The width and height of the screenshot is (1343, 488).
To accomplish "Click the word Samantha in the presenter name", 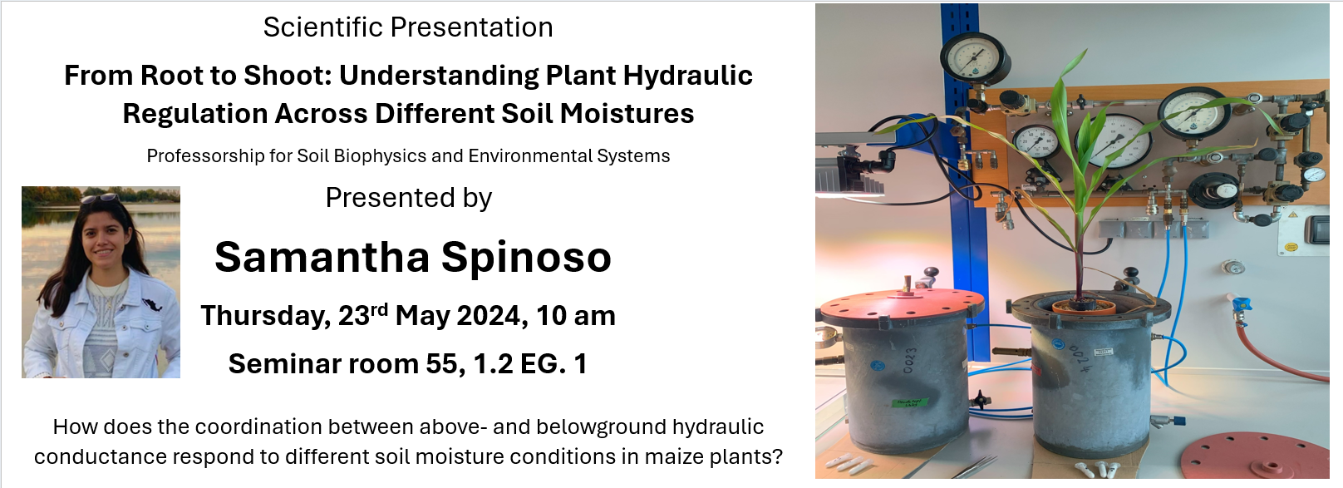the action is pyautogui.click(x=322, y=257).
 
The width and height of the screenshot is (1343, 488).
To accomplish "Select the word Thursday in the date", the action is pyautogui.click(x=266, y=317).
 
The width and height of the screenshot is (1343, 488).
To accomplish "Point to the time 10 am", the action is pyautogui.click(x=576, y=316).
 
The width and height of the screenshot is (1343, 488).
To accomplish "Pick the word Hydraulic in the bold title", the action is pyautogui.click(x=687, y=76).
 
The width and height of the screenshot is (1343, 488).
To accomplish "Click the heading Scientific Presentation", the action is pyautogui.click(x=408, y=27).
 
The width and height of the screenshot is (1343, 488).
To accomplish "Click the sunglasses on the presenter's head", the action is pyautogui.click(x=101, y=198).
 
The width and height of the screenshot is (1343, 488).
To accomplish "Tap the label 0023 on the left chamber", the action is pyautogui.click(x=910, y=360).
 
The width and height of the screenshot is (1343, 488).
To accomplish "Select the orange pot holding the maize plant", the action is pyautogui.click(x=1084, y=308).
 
